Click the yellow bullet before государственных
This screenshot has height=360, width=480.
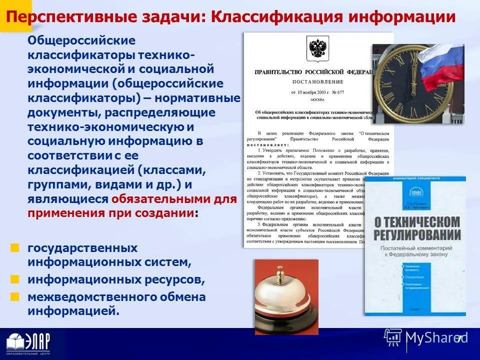(x=15, y=247)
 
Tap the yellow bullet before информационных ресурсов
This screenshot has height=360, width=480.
(x=15, y=278)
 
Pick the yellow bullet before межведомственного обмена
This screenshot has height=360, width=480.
(x=15, y=296)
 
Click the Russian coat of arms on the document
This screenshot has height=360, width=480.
(x=317, y=48)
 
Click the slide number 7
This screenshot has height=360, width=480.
(x=459, y=339)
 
